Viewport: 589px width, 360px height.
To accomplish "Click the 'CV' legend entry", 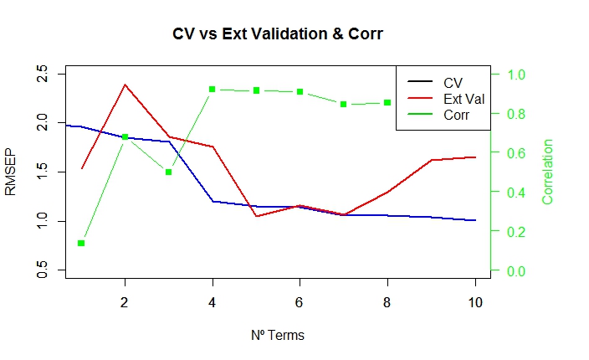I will [x=453, y=82].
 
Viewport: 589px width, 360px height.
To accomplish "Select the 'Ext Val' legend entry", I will [x=464, y=99].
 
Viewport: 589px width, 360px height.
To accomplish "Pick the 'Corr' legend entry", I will [x=456, y=116].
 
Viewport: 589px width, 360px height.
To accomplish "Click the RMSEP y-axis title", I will [x=11, y=172].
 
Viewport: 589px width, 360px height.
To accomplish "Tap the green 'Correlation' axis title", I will [x=549, y=172].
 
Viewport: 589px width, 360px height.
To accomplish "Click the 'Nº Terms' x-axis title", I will [x=277, y=336].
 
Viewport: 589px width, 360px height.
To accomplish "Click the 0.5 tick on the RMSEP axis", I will [x=39, y=270].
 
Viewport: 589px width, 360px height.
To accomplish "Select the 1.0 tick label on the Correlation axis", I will [x=517, y=75].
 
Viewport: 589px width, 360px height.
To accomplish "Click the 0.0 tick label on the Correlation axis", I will [x=517, y=270].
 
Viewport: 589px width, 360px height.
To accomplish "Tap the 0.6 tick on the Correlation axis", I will [x=517, y=153].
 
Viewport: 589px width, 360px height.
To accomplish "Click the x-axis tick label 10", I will [x=475, y=302].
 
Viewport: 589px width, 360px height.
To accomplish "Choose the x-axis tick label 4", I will [x=213, y=302].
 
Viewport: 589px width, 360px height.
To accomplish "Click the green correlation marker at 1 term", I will [x=81, y=243].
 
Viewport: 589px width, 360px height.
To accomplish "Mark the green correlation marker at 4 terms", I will [x=213, y=89].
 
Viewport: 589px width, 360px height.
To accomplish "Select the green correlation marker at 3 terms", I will [x=168, y=172].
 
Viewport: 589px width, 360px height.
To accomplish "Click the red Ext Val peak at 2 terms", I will [x=125, y=85].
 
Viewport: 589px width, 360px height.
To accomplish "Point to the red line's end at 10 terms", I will [x=475, y=157].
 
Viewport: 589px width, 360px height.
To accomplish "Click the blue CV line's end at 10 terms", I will [x=475, y=220].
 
